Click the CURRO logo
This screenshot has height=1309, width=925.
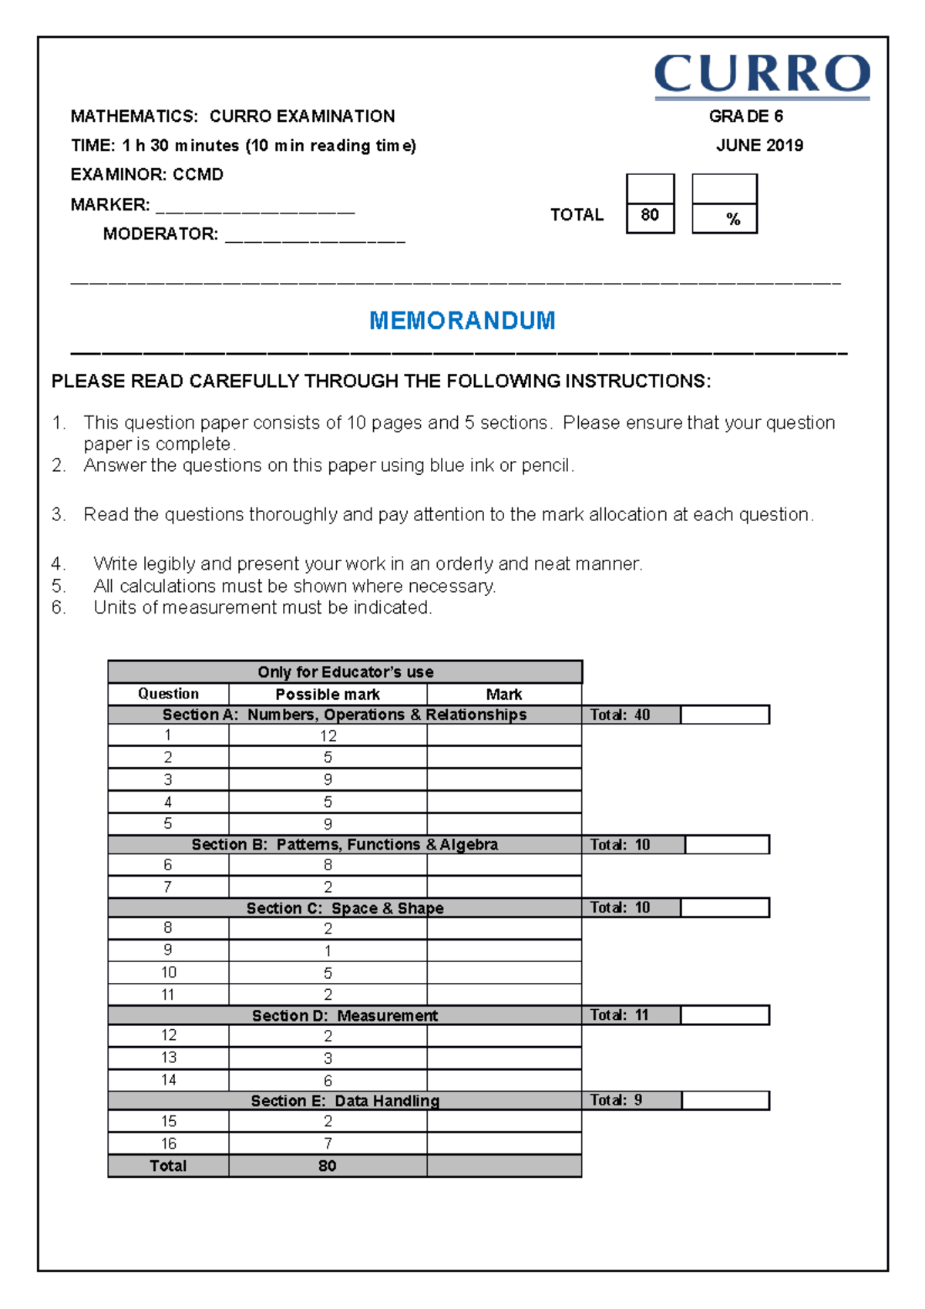point(762,76)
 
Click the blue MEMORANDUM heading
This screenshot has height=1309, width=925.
point(462,321)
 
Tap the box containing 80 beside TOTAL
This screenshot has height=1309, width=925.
point(650,216)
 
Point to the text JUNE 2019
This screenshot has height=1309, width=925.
point(759,146)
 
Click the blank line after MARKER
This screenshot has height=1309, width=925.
point(254,207)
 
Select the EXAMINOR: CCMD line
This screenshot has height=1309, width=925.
point(146,175)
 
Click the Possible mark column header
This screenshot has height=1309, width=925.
point(328,694)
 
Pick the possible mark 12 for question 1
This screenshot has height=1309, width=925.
point(328,735)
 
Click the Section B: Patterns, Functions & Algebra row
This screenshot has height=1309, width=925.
point(345,845)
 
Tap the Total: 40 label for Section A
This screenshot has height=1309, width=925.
point(620,715)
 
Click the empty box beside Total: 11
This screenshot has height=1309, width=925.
point(725,1015)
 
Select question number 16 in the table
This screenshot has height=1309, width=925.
point(168,1143)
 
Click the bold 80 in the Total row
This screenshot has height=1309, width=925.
point(328,1166)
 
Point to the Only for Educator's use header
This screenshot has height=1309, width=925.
point(345,672)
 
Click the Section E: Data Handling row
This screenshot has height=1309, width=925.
point(345,1101)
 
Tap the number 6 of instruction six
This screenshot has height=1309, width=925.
point(58,607)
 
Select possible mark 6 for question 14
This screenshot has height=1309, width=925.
point(328,1081)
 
